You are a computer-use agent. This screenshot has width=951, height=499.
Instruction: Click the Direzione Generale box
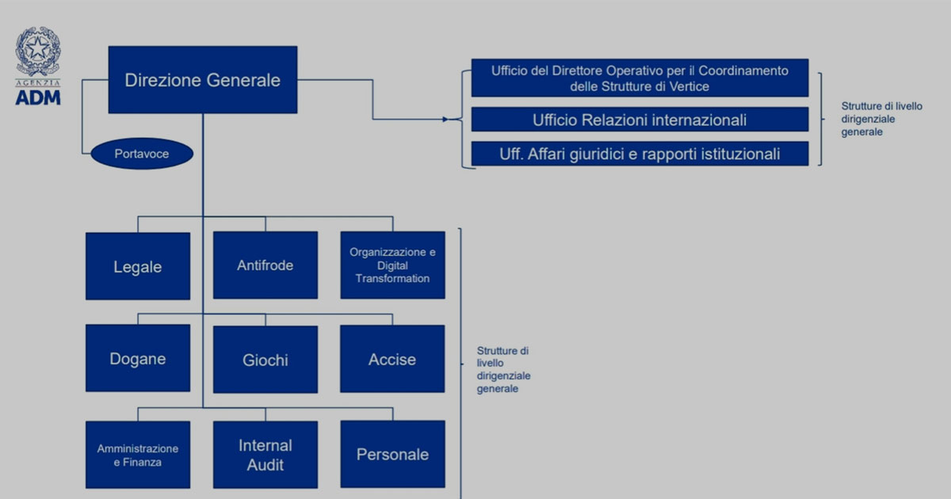[x=203, y=80]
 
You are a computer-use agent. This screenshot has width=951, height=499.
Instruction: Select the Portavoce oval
[x=142, y=154]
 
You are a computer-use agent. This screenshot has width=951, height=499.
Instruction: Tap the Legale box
[x=138, y=266]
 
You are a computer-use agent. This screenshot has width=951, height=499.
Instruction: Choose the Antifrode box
[x=265, y=265]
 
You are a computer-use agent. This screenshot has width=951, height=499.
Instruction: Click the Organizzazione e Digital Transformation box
[x=393, y=265]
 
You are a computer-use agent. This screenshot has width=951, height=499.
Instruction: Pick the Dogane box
[x=138, y=358]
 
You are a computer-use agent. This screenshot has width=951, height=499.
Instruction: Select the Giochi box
[x=265, y=360]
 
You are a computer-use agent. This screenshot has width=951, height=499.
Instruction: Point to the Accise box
[x=392, y=359]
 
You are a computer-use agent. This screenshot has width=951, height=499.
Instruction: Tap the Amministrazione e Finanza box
[x=138, y=455]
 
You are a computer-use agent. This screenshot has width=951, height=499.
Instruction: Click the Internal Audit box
[x=265, y=455]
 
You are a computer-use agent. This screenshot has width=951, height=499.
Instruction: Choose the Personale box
[x=393, y=454]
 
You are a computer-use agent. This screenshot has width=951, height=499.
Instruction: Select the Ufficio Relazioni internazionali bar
[x=640, y=120]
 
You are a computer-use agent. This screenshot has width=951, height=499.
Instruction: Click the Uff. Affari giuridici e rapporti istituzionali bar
[x=640, y=154]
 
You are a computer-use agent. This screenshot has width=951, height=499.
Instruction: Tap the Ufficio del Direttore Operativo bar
[x=640, y=78]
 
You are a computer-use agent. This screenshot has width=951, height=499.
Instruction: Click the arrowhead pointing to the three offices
[x=445, y=120]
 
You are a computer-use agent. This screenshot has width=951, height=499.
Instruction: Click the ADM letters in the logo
[x=38, y=98]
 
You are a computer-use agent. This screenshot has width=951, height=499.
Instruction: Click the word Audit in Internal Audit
[x=265, y=465]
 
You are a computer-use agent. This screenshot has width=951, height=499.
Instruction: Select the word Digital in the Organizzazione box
[x=393, y=265]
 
